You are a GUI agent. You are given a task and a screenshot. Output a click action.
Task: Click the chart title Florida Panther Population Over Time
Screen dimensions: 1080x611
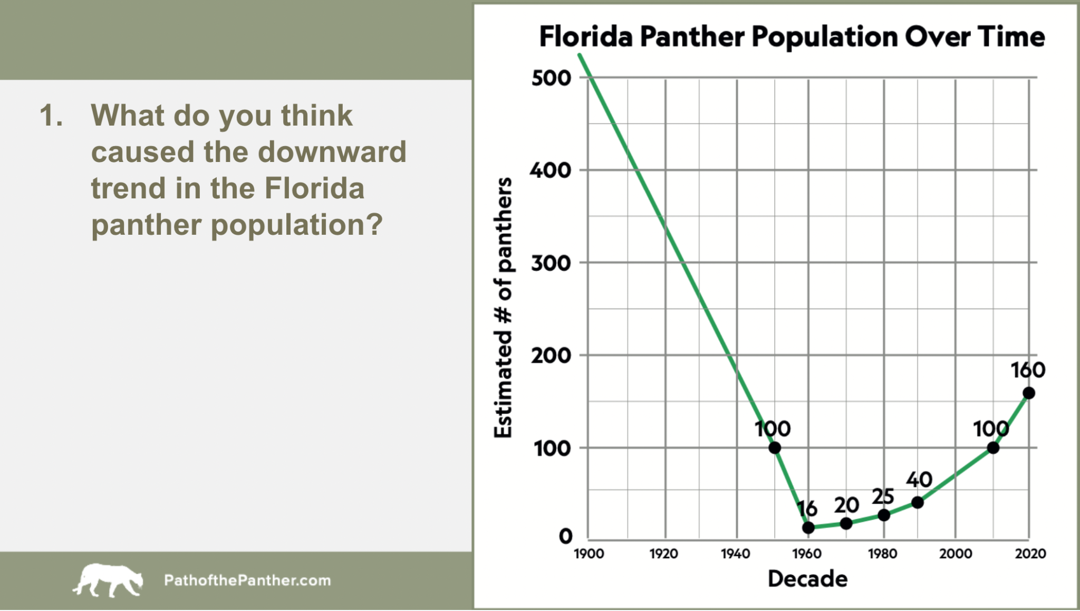(x=792, y=37)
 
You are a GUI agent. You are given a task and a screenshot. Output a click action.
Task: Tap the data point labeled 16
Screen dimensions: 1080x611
(x=808, y=527)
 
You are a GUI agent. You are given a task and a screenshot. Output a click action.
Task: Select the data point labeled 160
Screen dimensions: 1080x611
(x=1028, y=393)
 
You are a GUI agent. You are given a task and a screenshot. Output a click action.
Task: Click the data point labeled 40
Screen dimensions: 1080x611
(x=918, y=502)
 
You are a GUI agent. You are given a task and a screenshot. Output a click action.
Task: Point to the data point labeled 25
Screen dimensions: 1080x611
(x=884, y=515)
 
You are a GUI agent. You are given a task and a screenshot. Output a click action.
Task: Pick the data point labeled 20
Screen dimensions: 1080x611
(x=846, y=523)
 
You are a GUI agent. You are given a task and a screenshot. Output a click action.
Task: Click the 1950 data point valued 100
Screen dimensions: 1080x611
(x=775, y=448)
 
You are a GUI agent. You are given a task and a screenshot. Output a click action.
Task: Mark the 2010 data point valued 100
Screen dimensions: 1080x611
(x=993, y=448)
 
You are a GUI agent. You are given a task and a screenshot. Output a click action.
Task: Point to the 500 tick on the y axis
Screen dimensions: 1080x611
(x=551, y=78)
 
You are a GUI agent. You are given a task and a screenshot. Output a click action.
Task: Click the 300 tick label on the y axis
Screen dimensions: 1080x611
(x=551, y=263)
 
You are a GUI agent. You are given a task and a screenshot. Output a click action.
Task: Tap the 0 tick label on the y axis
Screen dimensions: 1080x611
(x=565, y=537)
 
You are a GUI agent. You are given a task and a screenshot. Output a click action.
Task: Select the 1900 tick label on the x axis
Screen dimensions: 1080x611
(x=589, y=553)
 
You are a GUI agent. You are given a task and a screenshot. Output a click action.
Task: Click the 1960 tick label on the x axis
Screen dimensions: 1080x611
(x=807, y=553)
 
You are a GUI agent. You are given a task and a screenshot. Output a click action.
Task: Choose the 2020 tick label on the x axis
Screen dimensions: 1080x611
(x=1030, y=553)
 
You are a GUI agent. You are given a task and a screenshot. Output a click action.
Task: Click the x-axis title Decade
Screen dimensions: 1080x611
(x=807, y=579)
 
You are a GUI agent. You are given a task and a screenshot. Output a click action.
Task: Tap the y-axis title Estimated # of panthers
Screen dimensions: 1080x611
(x=504, y=308)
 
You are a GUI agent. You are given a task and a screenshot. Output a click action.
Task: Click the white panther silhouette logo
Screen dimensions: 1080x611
(x=108, y=580)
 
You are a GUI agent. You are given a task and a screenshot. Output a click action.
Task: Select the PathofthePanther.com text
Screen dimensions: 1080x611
(x=247, y=580)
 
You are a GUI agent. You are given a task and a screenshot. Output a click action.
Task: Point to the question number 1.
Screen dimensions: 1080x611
(x=51, y=115)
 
